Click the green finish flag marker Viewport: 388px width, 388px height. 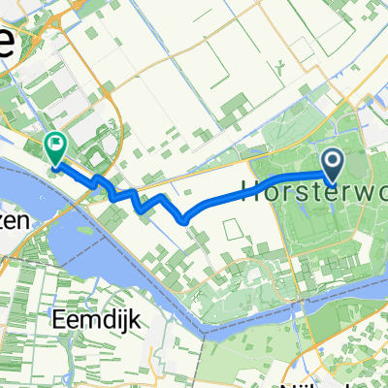[x=56, y=147]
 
